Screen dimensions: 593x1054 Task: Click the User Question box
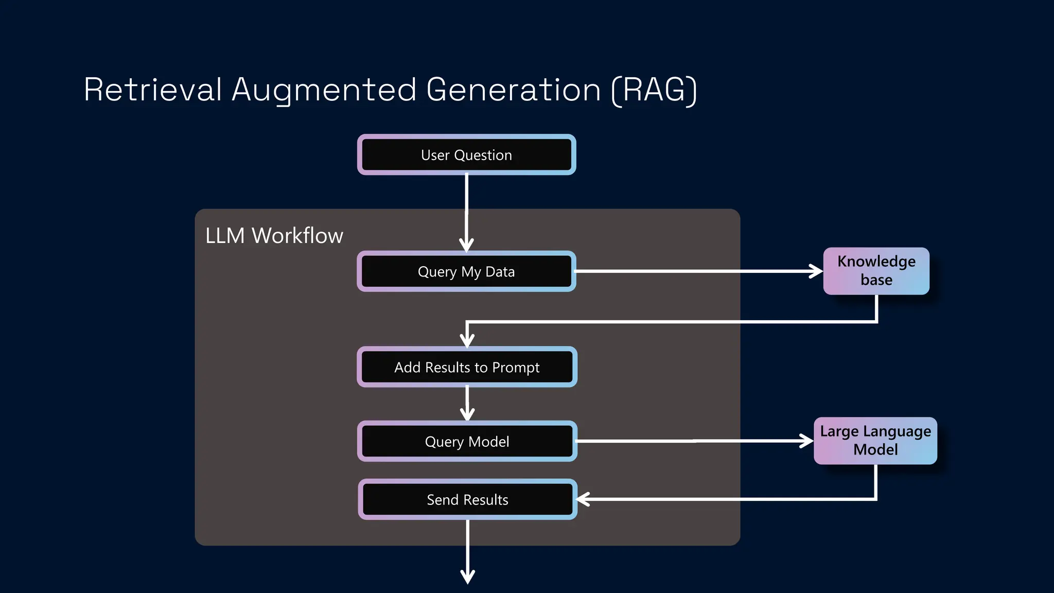coord(466,155)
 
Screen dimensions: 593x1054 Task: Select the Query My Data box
coord(466,271)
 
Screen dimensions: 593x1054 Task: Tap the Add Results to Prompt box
coord(466,367)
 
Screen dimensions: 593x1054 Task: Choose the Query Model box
coord(466,441)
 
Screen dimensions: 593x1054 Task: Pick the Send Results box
coord(467,499)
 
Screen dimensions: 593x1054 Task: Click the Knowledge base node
coord(876,271)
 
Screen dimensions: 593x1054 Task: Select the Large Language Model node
coord(875,441)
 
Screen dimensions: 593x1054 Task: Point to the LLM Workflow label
coord(274,236)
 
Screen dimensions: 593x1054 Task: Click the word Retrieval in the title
coord(153,90)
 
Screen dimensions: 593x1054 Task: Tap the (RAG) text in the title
coord(654,90)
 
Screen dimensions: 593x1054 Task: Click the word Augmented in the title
coord(324,90)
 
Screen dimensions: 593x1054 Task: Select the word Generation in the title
coord(513,90)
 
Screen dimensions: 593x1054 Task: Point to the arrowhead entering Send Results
coord(583,499)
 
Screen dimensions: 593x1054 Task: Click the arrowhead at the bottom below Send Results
coord(467,577)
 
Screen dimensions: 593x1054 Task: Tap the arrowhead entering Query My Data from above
coord(466,244)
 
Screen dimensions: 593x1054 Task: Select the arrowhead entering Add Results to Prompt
coord(467,340)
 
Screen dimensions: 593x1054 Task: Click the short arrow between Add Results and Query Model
coord(467,404)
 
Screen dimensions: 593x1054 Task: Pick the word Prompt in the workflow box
coord(516,368)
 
